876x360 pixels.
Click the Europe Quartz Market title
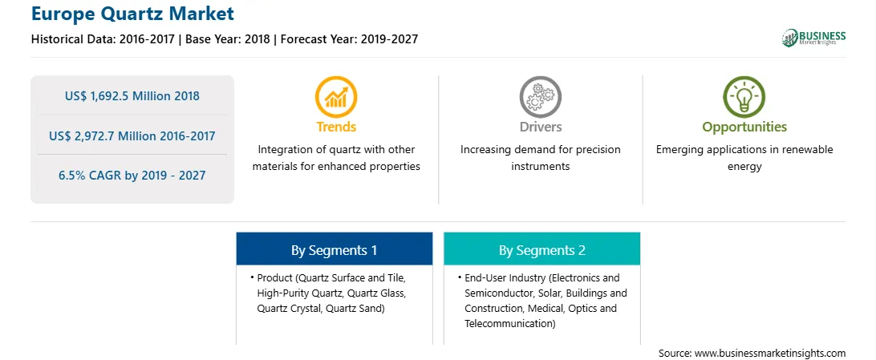tap(132, 13)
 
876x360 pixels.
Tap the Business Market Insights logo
tap(814, 38)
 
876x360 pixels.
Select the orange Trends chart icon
tap(336, 96)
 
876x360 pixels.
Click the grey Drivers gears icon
tap(540, 96)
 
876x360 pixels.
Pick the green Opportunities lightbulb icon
tap(744, 96)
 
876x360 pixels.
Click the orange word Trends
tap(336, 127)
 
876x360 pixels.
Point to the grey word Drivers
tap(540, 127)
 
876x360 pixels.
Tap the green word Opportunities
tap(744, 127)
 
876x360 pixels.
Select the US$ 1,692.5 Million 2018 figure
tap(132, 95)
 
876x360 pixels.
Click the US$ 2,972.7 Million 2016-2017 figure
tap(132, 136)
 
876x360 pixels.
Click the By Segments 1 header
tap(334, 251)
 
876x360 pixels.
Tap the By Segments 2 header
tap(542, 251)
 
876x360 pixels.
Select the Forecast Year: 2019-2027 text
tap(349, 39)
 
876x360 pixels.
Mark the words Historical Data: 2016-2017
tap(104, 39)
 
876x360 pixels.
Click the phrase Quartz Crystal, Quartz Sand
tap(321, 308)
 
